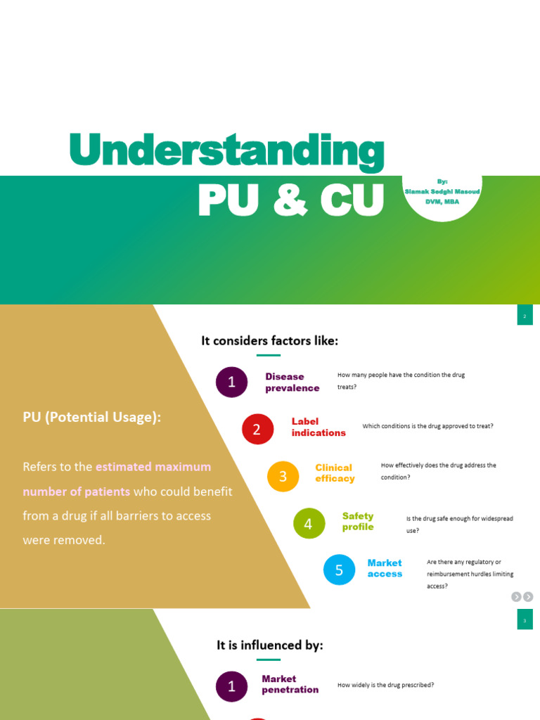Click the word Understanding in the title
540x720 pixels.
227,150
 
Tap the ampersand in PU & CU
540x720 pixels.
290,200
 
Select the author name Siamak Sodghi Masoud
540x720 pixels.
442,191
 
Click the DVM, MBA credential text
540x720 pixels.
442,202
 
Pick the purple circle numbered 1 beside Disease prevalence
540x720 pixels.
231,382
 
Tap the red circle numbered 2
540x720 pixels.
257,429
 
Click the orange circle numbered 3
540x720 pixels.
283,476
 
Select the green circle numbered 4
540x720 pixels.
309,523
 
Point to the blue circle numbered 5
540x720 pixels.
340,570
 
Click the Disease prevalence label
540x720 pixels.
292,382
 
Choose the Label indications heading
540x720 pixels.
319,427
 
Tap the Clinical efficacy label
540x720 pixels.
335,473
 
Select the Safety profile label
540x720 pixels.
358,521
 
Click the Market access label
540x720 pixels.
385,568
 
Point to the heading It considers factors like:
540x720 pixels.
269,341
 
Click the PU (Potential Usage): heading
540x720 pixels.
92,417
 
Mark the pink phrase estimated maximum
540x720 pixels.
153,467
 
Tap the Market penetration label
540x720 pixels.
290,684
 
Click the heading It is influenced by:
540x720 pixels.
269,645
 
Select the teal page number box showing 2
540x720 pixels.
525,315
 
